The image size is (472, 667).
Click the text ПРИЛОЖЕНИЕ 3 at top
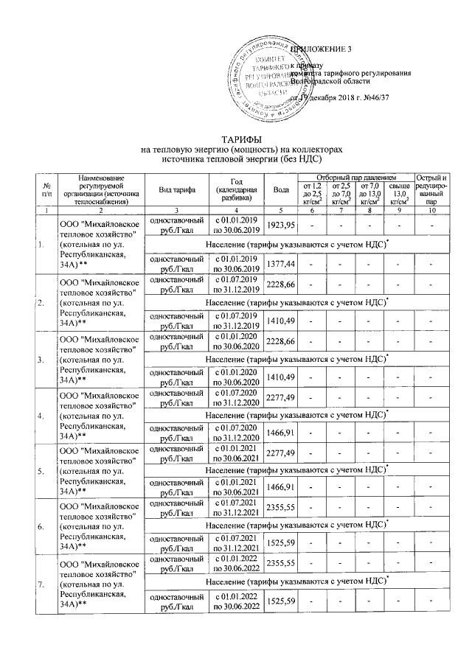pyautogui.click(x=322, y=49)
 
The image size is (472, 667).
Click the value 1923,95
pyautogui.click(x=281, y=224)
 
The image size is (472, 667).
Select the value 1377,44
pyautogui.click(x=281, y=263)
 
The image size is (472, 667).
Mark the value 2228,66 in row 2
pyautogui.click(x=281, y=284)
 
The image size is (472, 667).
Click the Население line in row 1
pyautogui.click(x=291, y=244)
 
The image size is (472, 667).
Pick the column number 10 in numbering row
pyautogui.click(x=431, y=210)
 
